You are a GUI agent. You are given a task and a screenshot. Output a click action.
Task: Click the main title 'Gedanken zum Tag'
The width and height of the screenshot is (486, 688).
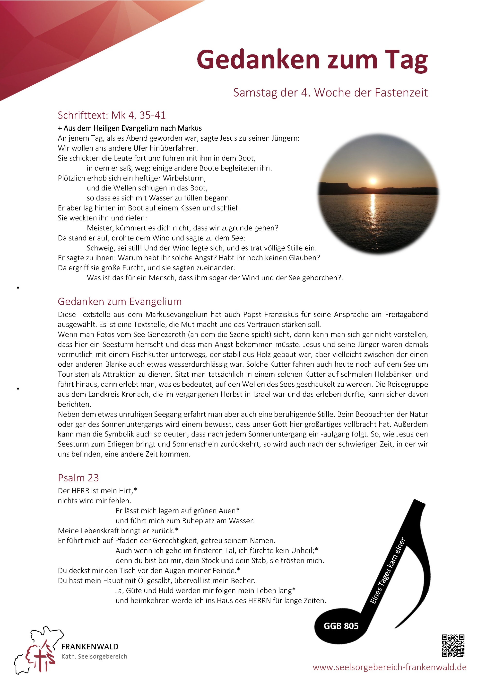312,60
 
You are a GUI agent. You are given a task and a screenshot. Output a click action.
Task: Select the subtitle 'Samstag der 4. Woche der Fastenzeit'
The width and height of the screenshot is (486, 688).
330,93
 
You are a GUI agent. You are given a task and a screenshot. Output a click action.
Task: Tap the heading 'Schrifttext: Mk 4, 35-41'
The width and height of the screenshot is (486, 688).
112,115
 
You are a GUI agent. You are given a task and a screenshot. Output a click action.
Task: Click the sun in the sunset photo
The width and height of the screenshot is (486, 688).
373,181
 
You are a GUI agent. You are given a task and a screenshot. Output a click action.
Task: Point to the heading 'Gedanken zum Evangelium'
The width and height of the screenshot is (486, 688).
120,301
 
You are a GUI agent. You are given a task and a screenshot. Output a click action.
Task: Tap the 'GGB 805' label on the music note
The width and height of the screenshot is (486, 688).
341,626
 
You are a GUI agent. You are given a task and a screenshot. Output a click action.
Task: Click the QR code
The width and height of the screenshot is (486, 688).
453,646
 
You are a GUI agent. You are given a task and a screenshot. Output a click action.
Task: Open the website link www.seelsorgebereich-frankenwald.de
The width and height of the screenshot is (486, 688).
389,667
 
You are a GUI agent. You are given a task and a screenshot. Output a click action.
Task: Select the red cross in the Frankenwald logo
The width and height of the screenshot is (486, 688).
40,658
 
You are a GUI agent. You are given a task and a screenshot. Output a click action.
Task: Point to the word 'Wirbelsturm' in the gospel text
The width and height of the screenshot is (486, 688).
184,178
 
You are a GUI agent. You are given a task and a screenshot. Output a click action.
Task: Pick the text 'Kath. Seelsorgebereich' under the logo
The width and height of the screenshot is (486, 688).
94,657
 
